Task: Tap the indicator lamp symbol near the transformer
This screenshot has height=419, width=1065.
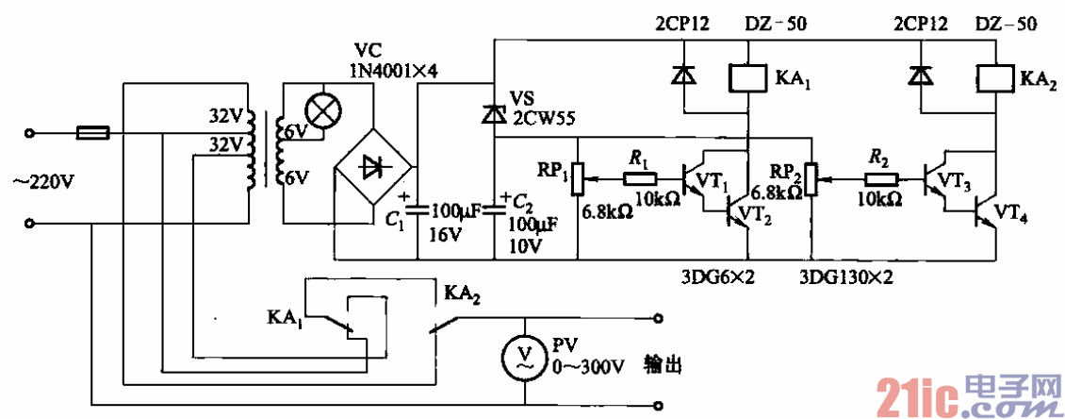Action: click(325, 110)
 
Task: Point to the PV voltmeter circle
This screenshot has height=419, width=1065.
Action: click(527, 357)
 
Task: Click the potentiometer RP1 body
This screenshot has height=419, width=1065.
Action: click(580, 176)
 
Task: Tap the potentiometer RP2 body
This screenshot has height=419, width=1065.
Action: click(811, 176)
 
